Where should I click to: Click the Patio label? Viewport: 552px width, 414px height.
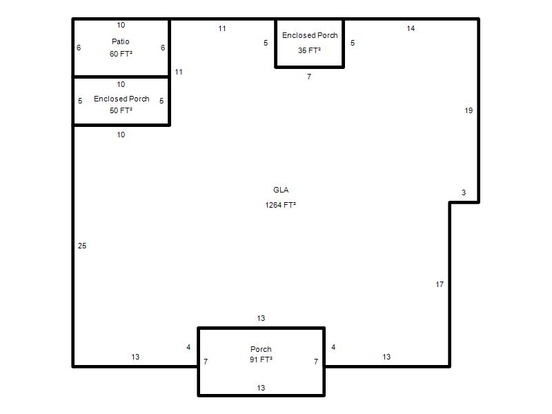coord(120,41)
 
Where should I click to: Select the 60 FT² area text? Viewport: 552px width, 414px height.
coord(121,54)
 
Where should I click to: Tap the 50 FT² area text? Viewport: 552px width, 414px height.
coord(121,110)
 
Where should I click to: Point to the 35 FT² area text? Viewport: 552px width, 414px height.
coord(309,50)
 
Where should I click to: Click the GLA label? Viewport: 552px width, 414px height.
coord(281,190)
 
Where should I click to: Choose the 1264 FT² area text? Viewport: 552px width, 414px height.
coord(280,205)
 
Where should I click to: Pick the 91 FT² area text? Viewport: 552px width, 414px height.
coord(261,359)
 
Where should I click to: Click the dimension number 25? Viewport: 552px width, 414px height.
coord(82,246)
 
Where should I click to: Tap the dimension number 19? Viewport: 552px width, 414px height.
coord(469,110)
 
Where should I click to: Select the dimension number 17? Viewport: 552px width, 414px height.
coord(440,284)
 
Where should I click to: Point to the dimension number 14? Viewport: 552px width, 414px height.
coord(411,28)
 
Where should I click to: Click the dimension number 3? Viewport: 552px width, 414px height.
coord(464,193)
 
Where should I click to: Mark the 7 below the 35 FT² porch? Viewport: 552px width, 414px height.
coord(308,77)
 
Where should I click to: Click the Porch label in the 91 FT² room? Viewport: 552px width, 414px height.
coord(261,349)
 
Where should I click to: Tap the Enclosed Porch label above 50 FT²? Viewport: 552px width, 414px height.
coord(121,99)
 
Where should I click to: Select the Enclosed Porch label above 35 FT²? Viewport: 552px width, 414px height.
coord(310,35)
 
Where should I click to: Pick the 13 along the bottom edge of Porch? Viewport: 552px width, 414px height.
coord(261,388)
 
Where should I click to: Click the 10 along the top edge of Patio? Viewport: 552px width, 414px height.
coord(121,25)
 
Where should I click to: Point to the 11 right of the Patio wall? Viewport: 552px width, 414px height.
coord(179,72)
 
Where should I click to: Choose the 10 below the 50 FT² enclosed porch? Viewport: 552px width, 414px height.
coord(121,135)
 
